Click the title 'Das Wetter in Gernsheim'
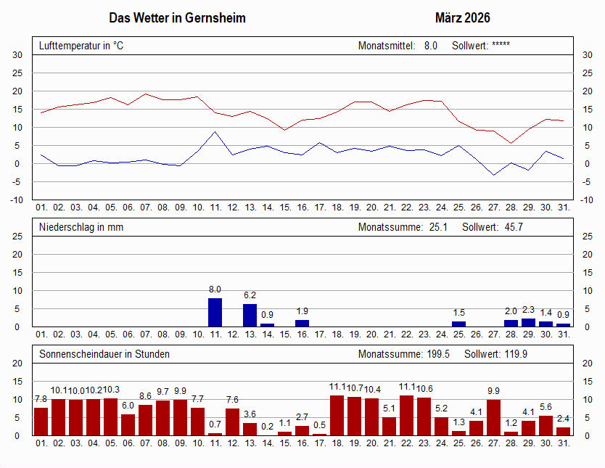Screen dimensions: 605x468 click(x=177, y=17)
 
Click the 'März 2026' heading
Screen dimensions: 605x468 click(x=462, y=17)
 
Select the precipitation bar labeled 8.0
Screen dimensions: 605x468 click(x=215, y=313)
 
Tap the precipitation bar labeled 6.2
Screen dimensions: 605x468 click(x=250, y=315)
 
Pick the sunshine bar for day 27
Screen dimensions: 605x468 click(x=493, y=417)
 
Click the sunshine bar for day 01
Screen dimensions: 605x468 click(x=41, y=422)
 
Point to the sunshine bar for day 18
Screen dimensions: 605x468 click(x=337, y=416)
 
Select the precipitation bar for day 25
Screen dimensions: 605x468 click(x=458, y=324)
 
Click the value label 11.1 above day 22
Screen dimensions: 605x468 click(x=407, y=387)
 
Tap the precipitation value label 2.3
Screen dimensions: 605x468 click(x=528, y=310)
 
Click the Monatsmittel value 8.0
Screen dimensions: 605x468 click(x=431, y=46)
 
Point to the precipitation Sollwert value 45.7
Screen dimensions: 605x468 click(x=514, y=227)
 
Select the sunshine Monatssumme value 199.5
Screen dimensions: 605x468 click(x=438, y=354)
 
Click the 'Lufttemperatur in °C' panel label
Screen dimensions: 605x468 click(x=81, y=46)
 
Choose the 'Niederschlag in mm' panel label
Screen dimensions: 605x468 click(x=81, y=227)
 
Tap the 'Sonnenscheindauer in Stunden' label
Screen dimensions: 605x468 click(x=104, y=354)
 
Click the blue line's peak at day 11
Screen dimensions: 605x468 click(x=215, y=132)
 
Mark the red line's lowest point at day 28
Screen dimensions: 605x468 click(x=511, y=143)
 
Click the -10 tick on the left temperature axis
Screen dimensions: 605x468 click(x=17, y=200)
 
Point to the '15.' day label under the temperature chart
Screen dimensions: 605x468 click(x=285, y=208)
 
